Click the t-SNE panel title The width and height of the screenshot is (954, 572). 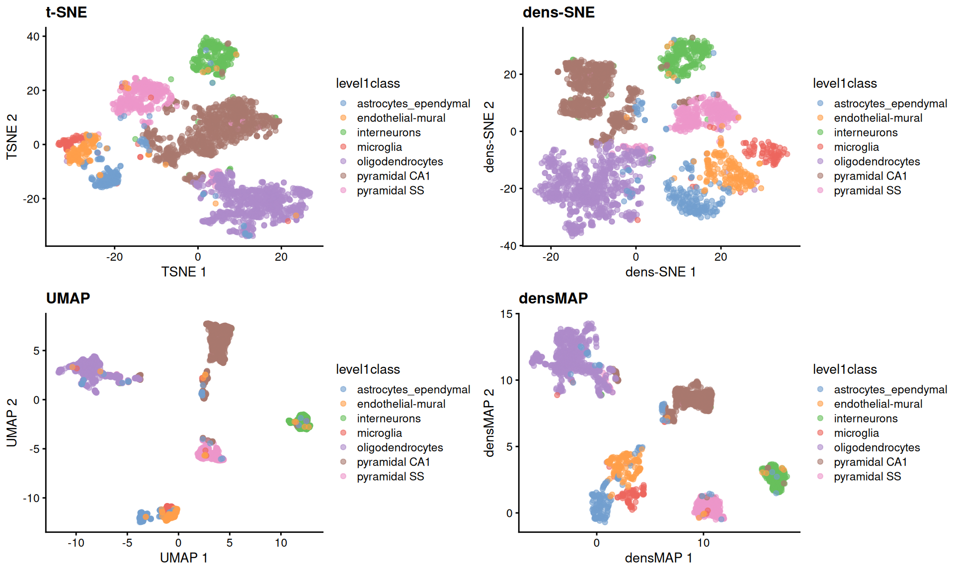point(66,12)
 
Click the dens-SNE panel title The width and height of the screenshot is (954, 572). point(558,12)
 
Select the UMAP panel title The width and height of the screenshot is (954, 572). point(68,298)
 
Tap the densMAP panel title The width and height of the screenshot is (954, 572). point(553,298)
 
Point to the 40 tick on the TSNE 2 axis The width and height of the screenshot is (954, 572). point(33,37)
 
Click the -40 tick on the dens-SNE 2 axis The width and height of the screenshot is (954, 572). point(509,246)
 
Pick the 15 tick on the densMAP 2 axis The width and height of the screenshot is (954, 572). point(506,314)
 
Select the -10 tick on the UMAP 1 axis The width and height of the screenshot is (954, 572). point(76,543)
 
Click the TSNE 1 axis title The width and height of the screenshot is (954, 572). point(183,272)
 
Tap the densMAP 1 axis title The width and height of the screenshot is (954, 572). point(658,558)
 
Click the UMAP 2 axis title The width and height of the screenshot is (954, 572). point(12,422)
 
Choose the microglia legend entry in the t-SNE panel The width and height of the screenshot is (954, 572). point(379,147)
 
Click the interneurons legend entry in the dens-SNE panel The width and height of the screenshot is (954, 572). point(866,133)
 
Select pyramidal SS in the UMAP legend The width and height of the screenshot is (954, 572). point(390,477)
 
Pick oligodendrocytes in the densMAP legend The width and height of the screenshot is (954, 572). point(876,447)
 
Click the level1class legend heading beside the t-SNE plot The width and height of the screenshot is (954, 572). point(368,83)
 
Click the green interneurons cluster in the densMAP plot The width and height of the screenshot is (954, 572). point(774,478)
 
